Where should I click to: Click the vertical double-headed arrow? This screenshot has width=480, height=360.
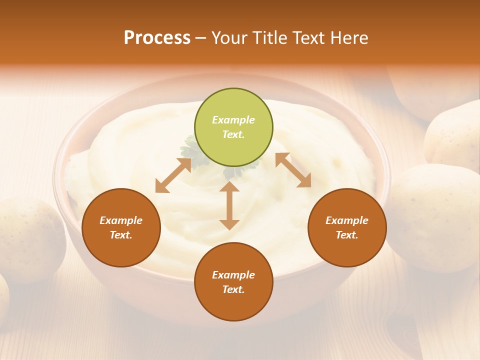(229, 205)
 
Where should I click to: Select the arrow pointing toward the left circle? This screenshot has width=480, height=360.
(173, 175)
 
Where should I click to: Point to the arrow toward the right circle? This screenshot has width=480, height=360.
(293, 170)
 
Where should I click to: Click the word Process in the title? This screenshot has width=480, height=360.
(157, 37)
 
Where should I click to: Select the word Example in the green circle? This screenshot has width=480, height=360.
(233, 120)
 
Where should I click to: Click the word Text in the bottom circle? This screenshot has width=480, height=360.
(233, 289)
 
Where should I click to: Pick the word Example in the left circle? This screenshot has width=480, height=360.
(121, 220)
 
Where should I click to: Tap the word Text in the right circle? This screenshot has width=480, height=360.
(347, 235)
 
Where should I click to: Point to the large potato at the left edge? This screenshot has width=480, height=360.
(30, 237)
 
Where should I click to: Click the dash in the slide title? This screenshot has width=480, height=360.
(201, 38)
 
